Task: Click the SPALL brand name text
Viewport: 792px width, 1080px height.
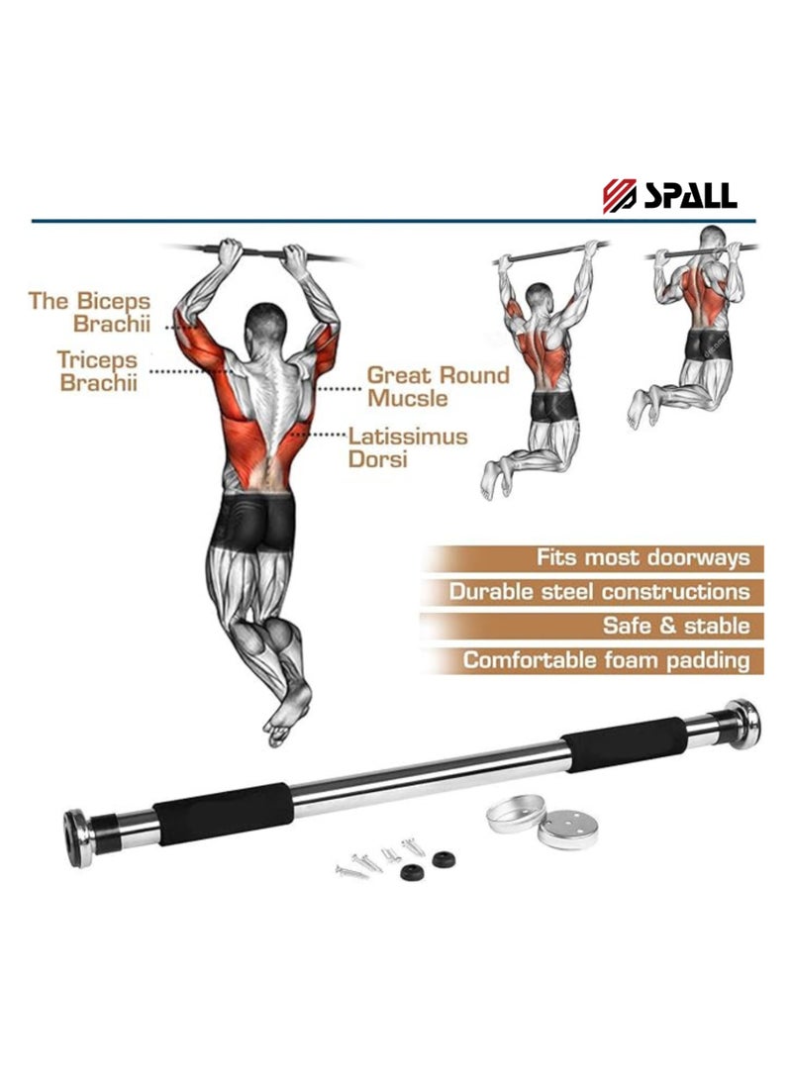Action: click(x=690, y=195)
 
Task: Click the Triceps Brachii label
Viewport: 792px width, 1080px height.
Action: click(x=97, y=371)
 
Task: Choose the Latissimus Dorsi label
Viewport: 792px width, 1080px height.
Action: click(x=407, y=447)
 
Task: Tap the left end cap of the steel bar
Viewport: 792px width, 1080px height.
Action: click(x=77, y=837)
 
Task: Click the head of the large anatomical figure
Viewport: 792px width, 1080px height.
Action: click(x=264, y=322)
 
